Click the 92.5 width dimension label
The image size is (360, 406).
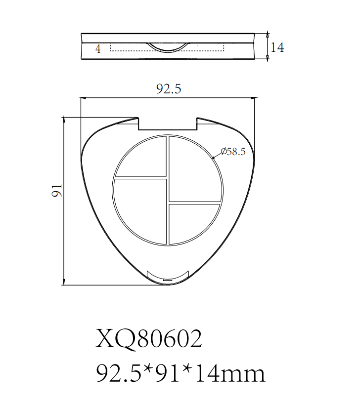pyautogui.click(x=169, y=89)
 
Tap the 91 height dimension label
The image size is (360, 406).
pyautogui.click(x=58, y=190)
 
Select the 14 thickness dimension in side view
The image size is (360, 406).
pyautogui.click(x=278, y=48)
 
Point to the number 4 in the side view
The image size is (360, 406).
pyautogui.click(x=98, y=49)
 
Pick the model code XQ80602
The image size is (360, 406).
pyautogui.click(x=149, y=339)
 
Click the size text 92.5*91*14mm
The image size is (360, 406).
pyautogui.click(x=180, y=374)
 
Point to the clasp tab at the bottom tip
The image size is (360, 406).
pyautogui.click(x=169, y=277)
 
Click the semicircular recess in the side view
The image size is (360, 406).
pyautogui.click(x=168, y=47)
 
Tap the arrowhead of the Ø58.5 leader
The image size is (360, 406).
pyautogui.click(x=214, y=157)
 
